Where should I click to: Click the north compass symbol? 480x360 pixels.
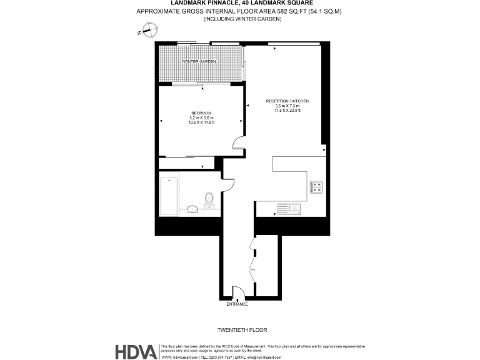(149, 29)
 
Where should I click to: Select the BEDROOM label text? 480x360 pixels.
(201, 112)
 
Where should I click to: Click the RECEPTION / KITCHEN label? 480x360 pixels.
(287, 101)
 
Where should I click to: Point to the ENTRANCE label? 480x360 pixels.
(237, 304)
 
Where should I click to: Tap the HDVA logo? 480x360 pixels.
(136, 352)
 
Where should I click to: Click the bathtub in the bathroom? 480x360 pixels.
(169, 196)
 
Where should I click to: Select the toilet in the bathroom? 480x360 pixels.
(209, 200)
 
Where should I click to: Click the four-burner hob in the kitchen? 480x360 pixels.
(316, 186)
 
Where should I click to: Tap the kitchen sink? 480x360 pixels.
(290, 208)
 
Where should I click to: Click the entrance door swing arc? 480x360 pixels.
(239, 292)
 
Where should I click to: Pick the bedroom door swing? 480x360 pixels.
(238, 144)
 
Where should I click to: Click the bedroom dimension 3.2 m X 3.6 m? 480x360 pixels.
(201, 117)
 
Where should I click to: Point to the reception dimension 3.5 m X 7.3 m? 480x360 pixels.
(287, 106)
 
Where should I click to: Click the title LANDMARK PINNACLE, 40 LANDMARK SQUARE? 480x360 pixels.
(242, 3)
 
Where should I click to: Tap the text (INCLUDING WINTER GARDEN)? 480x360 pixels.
(242, 19)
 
